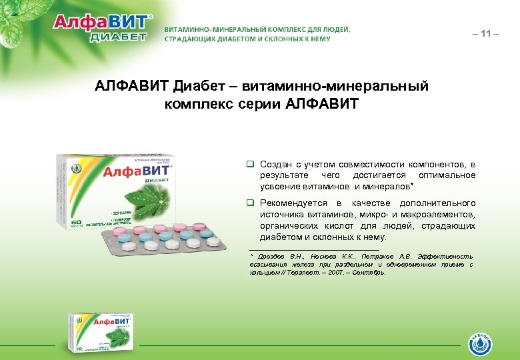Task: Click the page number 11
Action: point(489,33)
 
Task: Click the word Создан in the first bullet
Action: point(275,163)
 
